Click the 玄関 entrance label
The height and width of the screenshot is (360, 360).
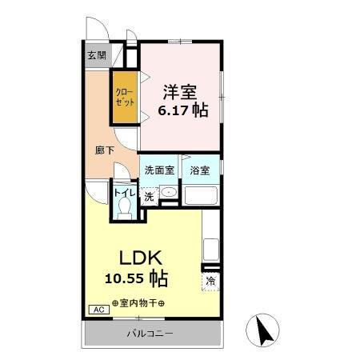pyautogui.click(x=97, y=56)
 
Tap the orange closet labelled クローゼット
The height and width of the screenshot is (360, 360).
pyautogui.click(x=124, y=98)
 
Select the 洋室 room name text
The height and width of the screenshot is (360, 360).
pyautogui.click(x=181, y=91)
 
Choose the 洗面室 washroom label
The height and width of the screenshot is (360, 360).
pyautogui.click(x=158, y=170)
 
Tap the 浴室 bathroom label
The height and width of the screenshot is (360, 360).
pyautogui.click(x=200, y=170)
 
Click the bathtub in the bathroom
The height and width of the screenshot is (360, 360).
pyautogui.click(x=202, y=195)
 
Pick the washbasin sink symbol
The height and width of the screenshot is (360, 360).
pyautogui.click(x=168, y=194)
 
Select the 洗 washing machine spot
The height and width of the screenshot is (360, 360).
pyautogui.click(x=149, y=196)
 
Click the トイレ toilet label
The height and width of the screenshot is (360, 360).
pyautogui.click(x=124, y=192)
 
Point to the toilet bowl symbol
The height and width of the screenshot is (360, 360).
pyautogui.click(x=124, y=208)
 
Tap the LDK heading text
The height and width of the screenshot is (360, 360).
pyautogui.click(x=142, y=258)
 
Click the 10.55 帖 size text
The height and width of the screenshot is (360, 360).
pyautogui.click(x=135, y=279)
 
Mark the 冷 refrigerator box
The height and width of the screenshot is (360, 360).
pyautogui.click(x=211, y=281)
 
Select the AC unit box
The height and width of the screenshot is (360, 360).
pyautogui.click(x=97, y=310)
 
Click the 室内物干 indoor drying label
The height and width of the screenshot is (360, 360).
pyautogui.click(x=138, y=303)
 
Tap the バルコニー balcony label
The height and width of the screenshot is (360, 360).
pyautogui.click(x=149, y=333)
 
